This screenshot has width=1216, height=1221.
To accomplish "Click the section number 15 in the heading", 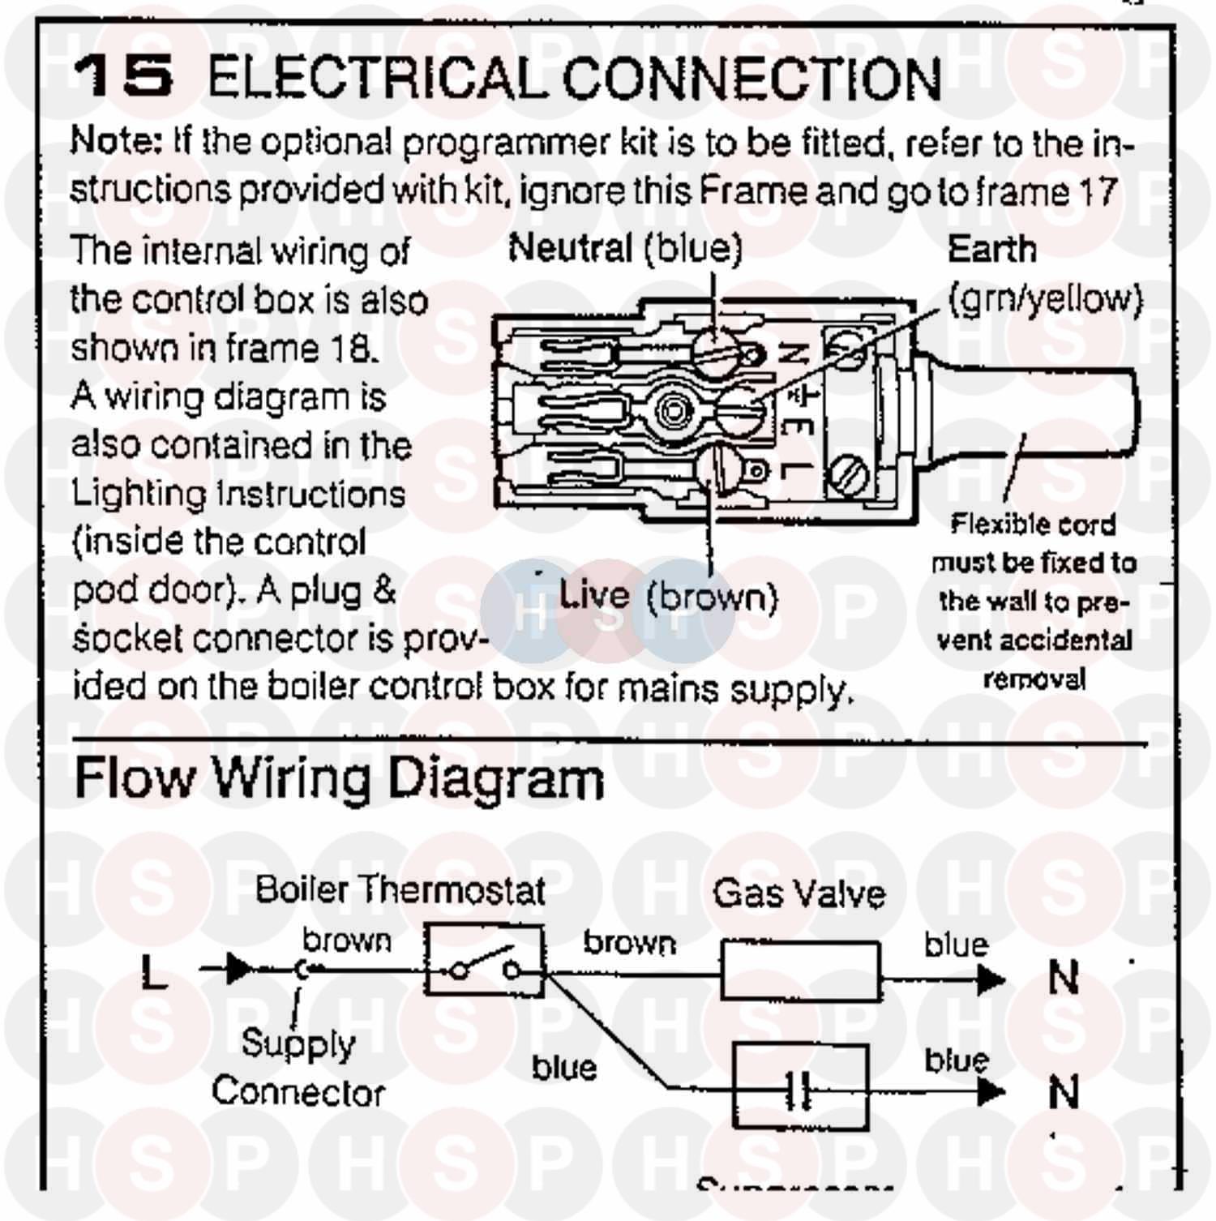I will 123,75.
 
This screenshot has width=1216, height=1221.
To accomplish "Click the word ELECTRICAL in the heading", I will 373,78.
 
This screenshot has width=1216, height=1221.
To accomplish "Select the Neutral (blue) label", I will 625,248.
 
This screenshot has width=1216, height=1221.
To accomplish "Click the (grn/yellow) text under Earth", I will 1044,299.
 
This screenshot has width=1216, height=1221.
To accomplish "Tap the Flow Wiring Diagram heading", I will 339,778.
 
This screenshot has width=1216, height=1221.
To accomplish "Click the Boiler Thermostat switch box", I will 485,962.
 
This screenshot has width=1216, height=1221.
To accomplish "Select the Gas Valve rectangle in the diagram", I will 800,970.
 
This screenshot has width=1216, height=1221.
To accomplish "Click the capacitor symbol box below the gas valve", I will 801,1087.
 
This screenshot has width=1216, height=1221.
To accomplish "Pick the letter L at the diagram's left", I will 154,971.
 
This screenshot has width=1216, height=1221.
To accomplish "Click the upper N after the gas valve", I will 1064,978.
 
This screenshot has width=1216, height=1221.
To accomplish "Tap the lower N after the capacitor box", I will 1064,1091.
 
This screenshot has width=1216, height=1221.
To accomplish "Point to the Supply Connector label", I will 298,1068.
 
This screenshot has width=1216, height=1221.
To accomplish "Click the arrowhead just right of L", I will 238,968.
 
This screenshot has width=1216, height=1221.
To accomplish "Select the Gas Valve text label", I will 799,893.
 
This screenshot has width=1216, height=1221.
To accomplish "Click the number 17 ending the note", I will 1098,193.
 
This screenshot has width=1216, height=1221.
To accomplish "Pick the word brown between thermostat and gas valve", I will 629,943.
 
